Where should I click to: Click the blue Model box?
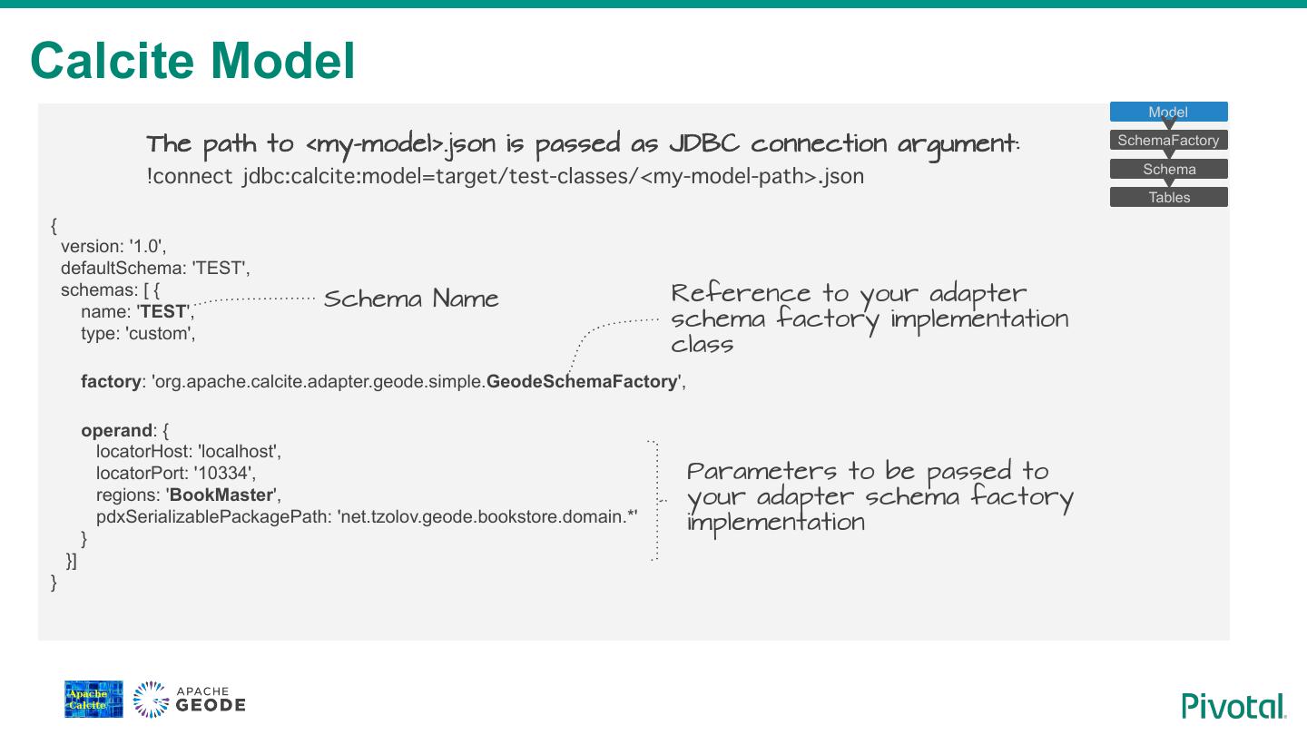coord(1168,112)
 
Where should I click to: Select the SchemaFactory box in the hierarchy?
coord(1168,141)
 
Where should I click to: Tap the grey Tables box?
coord(1168,197)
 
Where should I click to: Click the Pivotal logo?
coord(1233,706)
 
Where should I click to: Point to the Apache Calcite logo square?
coord(93,700)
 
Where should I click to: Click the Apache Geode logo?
coord(190,700)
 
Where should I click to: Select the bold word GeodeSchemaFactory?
coord(582,382)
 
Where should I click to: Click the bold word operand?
coord(116,430)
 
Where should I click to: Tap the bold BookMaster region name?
coord(222,495)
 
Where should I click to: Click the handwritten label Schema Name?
coord(411,299)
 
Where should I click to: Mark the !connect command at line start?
coord(190,176)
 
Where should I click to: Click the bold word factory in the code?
coord(111,382)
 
